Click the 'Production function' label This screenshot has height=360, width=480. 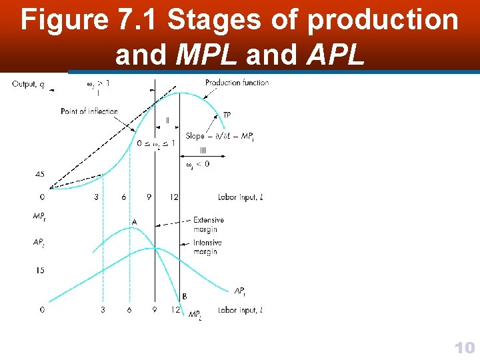(x=237, y=83)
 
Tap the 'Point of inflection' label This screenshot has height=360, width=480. (x=89, y=111)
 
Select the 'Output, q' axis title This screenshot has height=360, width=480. (x=28, y=84)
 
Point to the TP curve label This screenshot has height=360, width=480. (x=227, y=116)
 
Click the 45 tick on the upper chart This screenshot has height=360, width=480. (x=40, y=175)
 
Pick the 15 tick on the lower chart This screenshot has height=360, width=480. (x=40, y=270)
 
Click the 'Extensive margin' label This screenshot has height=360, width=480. (x=208, y=225)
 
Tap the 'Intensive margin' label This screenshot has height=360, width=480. (x=207, y=247)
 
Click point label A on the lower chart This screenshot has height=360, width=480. (x=134, y=222)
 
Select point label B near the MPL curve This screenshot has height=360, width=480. (x=184, y=296)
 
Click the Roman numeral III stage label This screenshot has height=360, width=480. (x=203, y=151)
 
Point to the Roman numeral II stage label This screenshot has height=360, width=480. (x=167, y=121)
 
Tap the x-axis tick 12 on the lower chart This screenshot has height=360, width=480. (x=175, y=310)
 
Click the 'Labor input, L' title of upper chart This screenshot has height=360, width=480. (x=240, y=197)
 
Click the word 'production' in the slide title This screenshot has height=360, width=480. (x=383, y=21)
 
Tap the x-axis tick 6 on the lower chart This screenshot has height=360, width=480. (x=129, y=310)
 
